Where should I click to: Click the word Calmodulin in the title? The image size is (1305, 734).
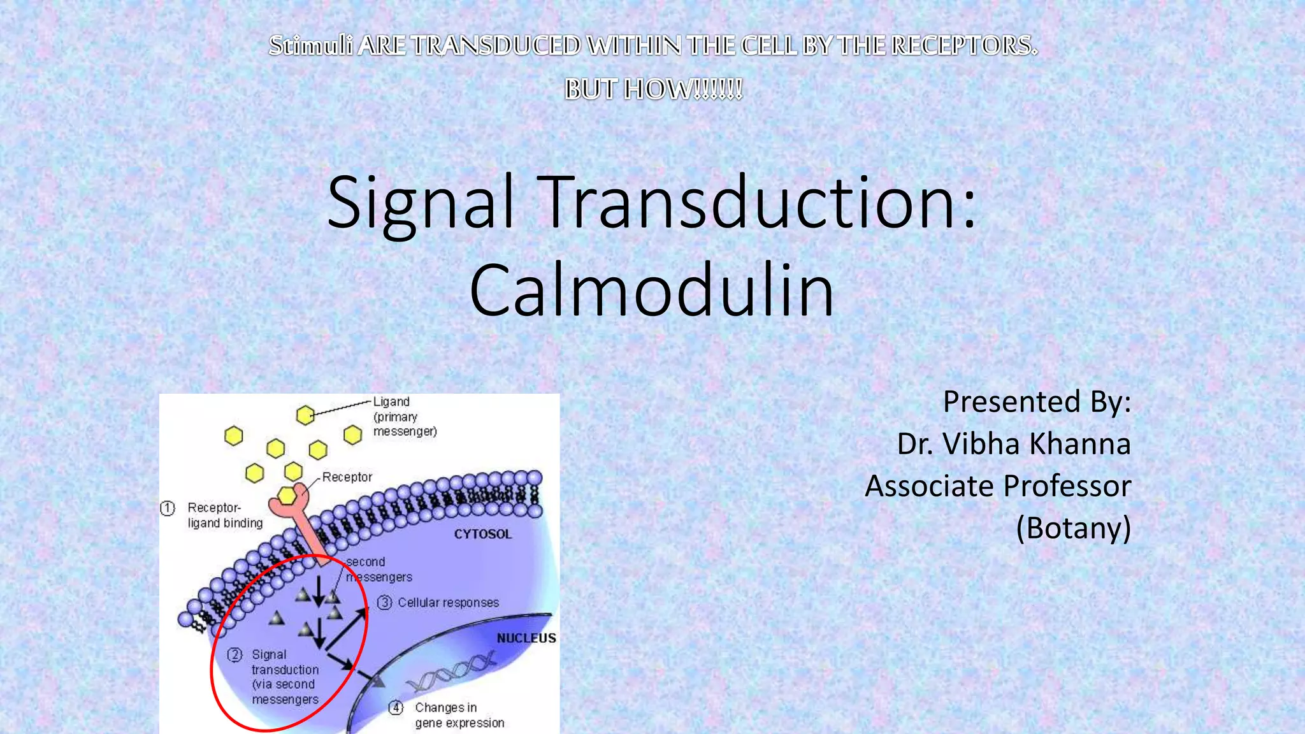pos(651,291)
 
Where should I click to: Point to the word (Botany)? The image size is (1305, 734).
pos(1073,528)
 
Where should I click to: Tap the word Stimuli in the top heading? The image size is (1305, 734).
pos(310,46)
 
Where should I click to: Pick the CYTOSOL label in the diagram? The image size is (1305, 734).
pos(482,535)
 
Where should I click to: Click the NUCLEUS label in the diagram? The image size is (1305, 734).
pos(526,638)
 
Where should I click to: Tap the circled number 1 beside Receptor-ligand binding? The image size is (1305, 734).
pos(168,508)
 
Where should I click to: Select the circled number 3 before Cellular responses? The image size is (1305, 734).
pos(384,603)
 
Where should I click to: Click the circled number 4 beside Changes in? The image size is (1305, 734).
pos(396,708)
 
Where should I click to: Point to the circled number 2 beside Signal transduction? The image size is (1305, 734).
pos(235,655)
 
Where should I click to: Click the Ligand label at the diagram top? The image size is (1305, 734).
pos(391,402)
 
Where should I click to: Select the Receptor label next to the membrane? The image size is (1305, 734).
pos(347,477)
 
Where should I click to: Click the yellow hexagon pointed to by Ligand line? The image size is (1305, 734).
pos(305,415)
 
